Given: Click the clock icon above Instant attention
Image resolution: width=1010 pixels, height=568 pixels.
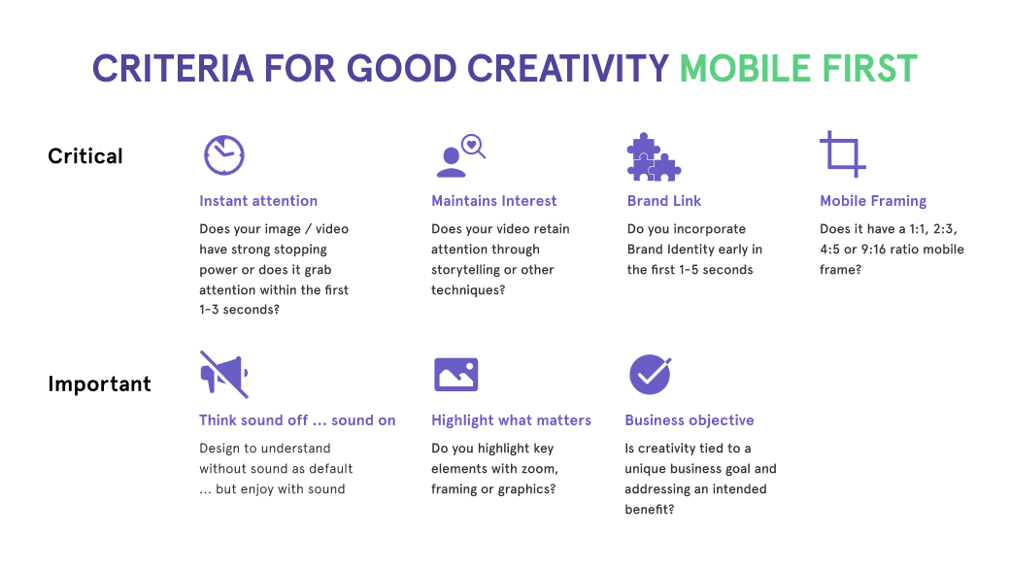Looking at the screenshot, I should [223, 155].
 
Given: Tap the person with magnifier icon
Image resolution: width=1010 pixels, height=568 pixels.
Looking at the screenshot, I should [457, 155].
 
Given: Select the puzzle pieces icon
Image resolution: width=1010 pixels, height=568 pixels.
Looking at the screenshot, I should [652, 156].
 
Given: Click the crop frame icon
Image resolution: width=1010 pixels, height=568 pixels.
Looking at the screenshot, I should [842, 154].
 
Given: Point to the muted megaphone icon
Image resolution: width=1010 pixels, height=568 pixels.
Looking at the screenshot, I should [223, 375].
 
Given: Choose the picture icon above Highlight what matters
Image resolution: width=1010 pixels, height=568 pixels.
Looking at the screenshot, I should [455, 375].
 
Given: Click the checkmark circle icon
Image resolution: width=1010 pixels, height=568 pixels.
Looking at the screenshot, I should [650, 375].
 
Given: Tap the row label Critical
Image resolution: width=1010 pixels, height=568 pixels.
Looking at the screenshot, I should [85, 156].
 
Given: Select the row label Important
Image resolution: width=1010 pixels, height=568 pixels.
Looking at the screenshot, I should [99, 384].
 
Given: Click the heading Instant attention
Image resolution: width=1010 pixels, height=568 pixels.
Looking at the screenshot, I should [258, 201].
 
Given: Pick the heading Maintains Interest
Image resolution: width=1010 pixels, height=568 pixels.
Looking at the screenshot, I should [494, 201].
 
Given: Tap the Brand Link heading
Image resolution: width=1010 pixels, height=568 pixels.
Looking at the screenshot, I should [664, 201].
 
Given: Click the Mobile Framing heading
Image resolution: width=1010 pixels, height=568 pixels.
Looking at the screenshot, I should [873, 201].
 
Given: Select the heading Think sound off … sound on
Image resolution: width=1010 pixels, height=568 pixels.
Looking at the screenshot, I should [297, 420].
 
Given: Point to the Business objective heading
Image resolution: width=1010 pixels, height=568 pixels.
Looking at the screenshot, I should [690, 420].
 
